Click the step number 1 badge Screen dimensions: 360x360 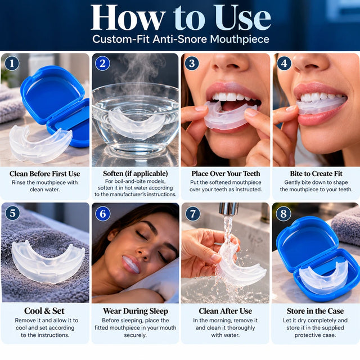[x=12, y=64]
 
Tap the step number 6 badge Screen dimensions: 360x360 [x=102, y=214]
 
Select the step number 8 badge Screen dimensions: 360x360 [x=283, y=214]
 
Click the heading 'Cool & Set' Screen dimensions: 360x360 [x=44, y=311]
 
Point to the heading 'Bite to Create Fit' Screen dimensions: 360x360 [x=316, y=174]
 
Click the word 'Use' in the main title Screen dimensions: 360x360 [x=243, y=18]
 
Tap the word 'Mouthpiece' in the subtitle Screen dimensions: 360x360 [x=240, y=39]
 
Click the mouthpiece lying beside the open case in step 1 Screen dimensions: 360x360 [x=39, y=143]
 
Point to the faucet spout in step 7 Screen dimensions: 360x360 [x=229, y=209]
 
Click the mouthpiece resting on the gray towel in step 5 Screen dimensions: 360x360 [x=48, y=262]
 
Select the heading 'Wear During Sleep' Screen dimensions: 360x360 [x=136, y=311]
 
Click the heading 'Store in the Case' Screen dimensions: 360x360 [x=315, y=311]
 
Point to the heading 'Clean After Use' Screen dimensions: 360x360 [x=225, y=311]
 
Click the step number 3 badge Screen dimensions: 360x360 [x=192, y=64]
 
